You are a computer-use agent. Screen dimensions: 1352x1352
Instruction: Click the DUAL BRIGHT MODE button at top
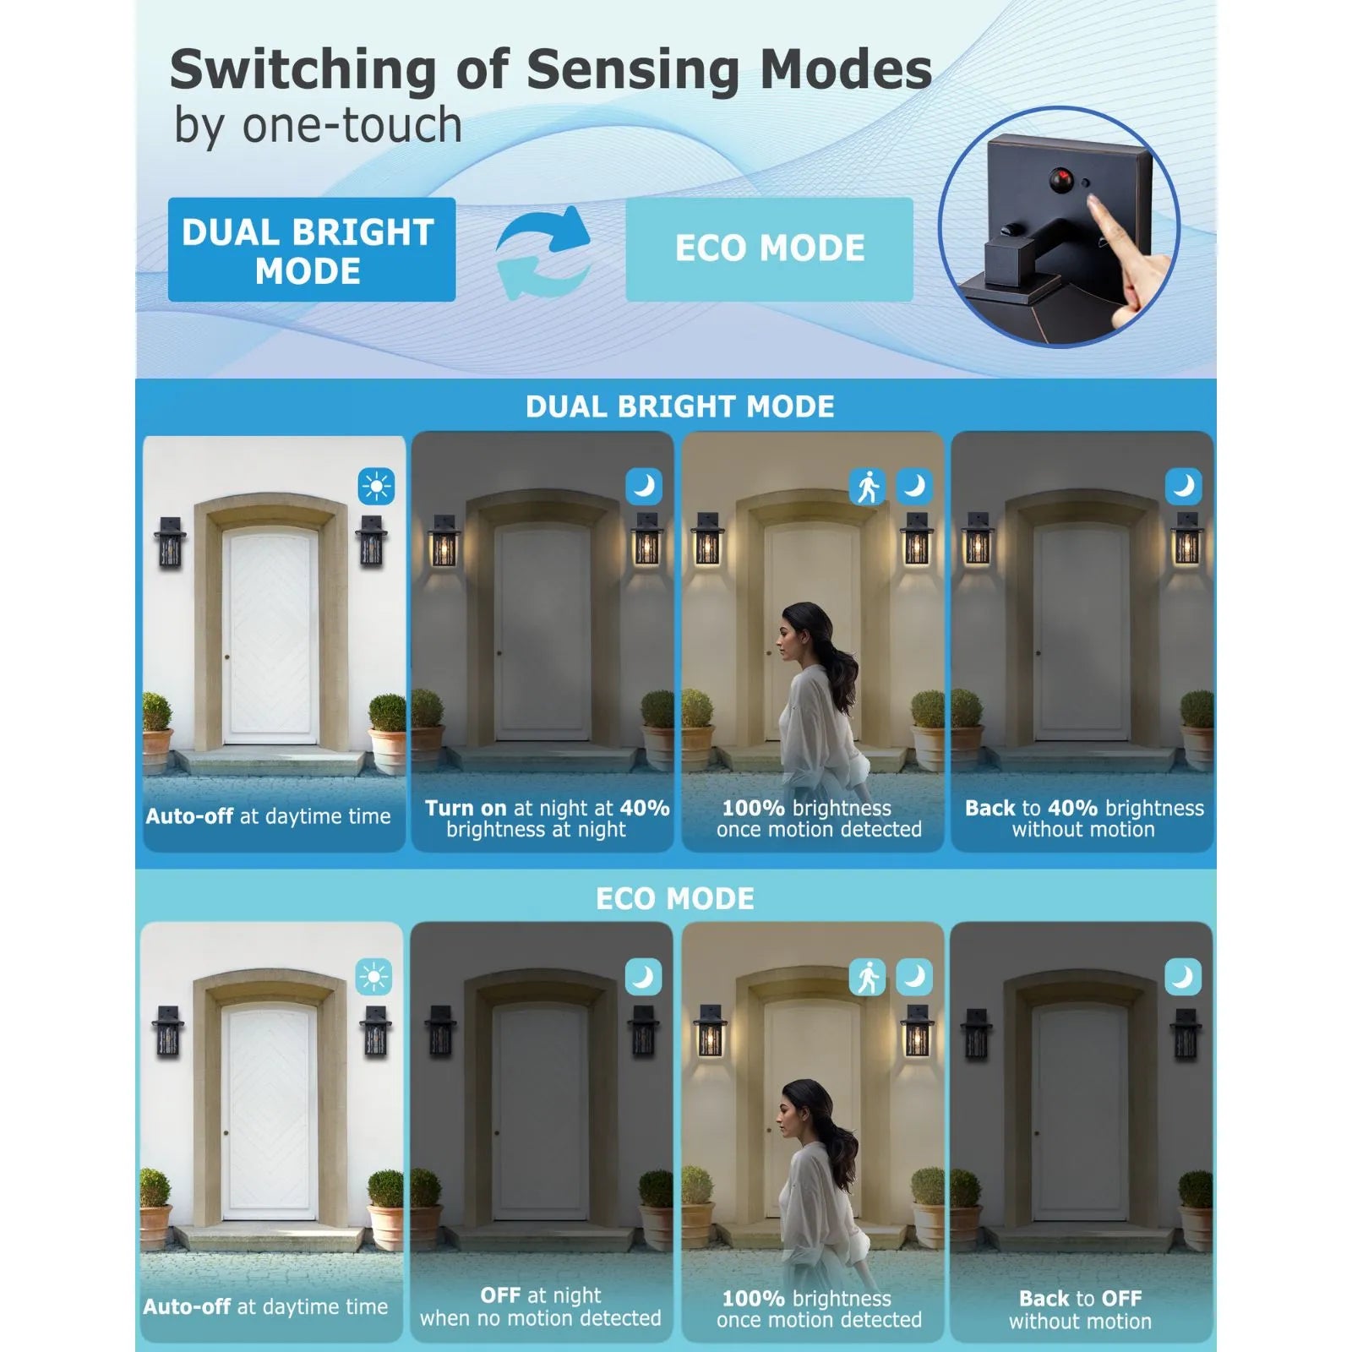(311, 249)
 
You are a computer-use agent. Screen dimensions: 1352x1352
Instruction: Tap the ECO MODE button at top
(769, 249)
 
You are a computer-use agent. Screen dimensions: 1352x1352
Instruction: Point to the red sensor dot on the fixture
(1060, 178)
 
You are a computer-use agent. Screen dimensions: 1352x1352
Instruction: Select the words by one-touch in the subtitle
(318, 126)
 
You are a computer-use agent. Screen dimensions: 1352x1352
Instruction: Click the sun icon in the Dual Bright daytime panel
(376, 487)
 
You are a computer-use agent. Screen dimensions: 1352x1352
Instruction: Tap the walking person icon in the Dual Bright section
(867, 487)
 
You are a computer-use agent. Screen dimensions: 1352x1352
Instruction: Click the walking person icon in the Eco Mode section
(867, 978)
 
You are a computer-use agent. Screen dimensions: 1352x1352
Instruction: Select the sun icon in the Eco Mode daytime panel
(373, 978)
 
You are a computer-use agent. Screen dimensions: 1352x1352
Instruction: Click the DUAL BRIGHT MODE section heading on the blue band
(680, 406)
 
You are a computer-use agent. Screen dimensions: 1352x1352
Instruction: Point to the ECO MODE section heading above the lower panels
(675, 898)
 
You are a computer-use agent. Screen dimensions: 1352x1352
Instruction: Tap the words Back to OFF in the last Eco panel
(1080, 1298)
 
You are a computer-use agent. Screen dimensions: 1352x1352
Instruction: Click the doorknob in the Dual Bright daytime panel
(227, 657)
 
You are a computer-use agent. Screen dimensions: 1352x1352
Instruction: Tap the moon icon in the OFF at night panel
(643, 978)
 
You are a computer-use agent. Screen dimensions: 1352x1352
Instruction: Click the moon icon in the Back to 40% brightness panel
(1183, 487)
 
